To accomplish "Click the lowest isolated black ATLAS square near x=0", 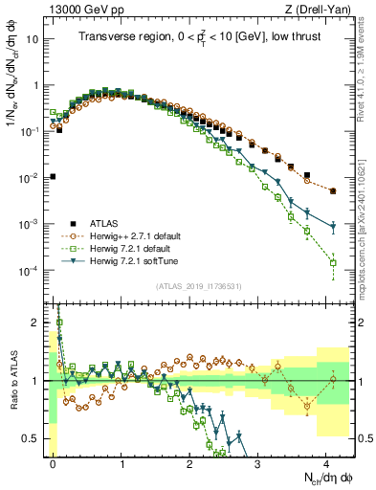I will click(53, 176).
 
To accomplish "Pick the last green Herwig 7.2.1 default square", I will click(333, 262).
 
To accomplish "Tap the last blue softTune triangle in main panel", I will click(333, 227).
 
